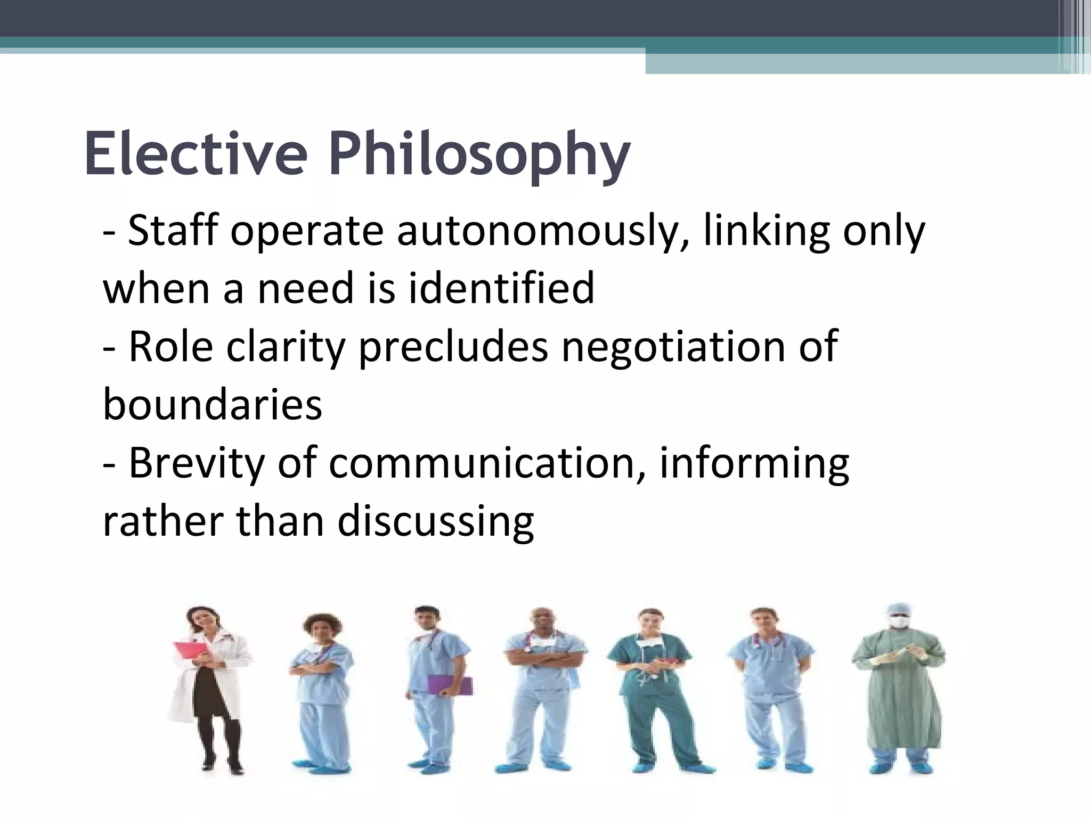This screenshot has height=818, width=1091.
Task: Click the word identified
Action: pyautogui.click(x=501, y=288)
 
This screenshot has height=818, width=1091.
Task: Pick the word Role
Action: pyautogui.click(x=170, y=346)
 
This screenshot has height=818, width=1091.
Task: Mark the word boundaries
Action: pyautogui.click(x=212, y=404)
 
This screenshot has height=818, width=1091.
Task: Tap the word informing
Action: pyautogui.click(x=754, y=463)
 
